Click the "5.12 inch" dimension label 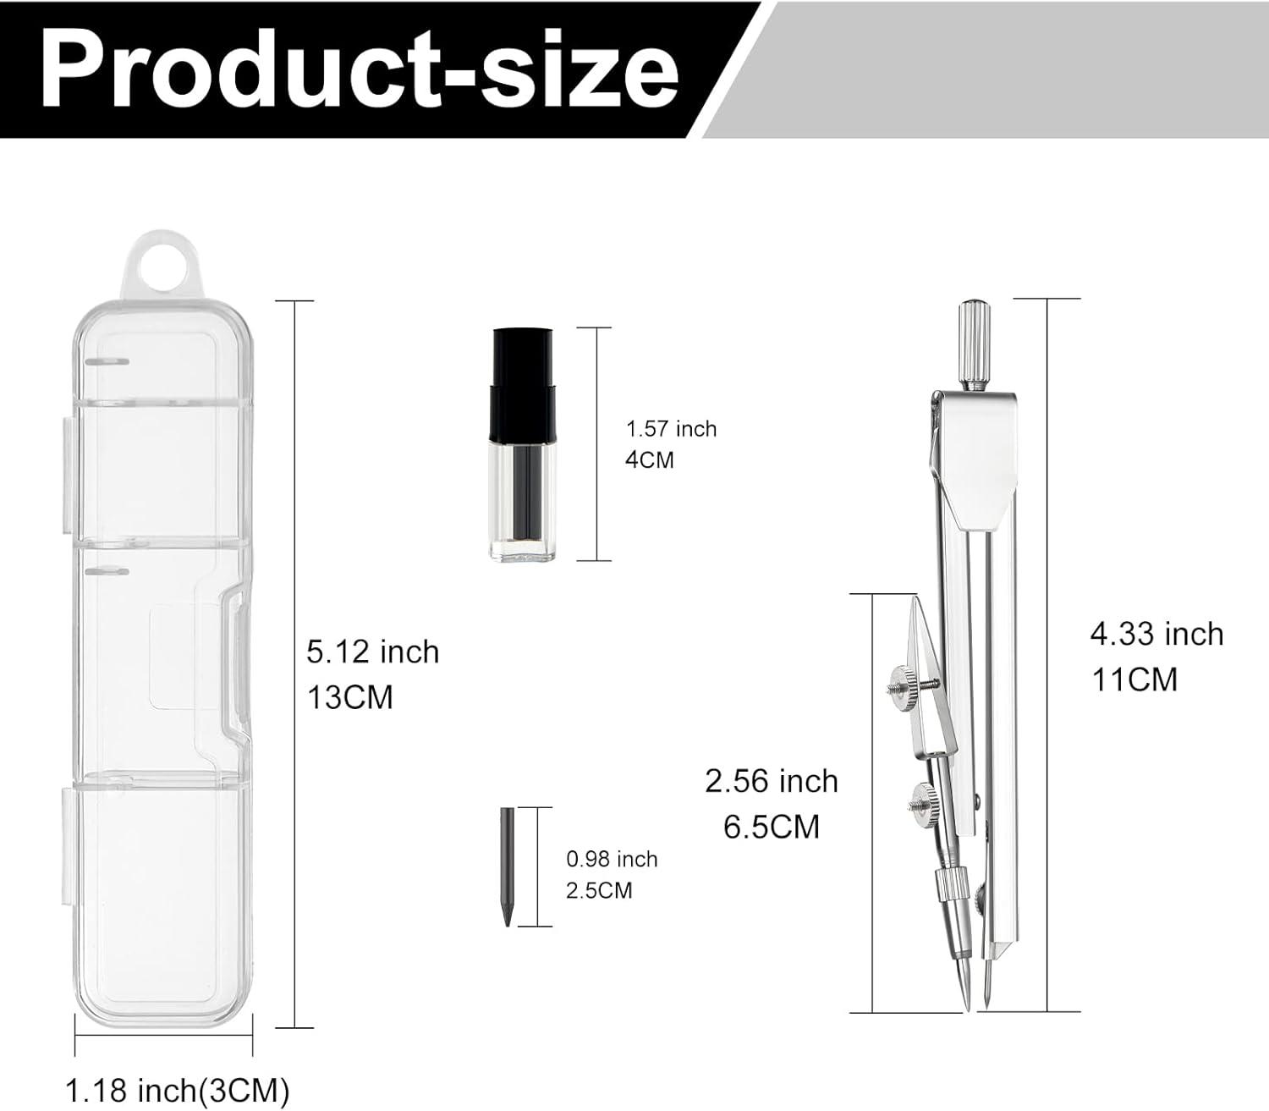click(x=373, y=652)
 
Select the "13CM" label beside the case click(x=350, y=697)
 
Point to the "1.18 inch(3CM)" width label click(x=178, y=1089)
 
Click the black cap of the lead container click(x=523, y=381)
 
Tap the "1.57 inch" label click(x=671, y=429)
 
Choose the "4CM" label click(x=650, y=460)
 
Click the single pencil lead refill click(x=507, y=866)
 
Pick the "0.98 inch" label click(x=612, y=859)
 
